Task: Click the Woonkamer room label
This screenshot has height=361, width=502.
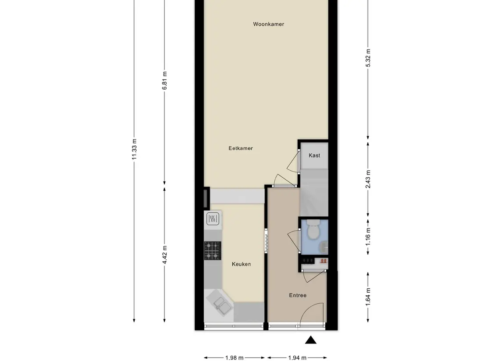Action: [x=268, y=24]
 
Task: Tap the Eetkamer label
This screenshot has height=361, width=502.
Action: [x=241, y=148]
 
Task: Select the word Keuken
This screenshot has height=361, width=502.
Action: [x=242, y=264]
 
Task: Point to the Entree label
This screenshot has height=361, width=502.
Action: [x=298, y=295]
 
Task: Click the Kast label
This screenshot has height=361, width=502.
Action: [x=314, y=155]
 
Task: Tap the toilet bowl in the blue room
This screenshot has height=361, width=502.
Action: [x=313, y=229]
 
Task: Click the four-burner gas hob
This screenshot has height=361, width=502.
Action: [x=213, y=250]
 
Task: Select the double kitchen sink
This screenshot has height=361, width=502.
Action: [x=219, y=303]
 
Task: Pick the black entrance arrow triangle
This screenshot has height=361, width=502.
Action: [x=310, y=340]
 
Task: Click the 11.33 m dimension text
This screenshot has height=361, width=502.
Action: [x=134, y=149]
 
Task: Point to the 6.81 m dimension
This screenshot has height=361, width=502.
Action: [x=164, y=81]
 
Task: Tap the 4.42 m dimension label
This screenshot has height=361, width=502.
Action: [x=164, y=255]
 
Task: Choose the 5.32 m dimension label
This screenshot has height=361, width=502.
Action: [x=368, y=58]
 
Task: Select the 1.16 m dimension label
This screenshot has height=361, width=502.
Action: [x=368, y=237]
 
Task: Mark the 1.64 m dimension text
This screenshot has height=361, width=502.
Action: [x=368, y=297]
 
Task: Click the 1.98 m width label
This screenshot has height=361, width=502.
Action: [x=235, y=358]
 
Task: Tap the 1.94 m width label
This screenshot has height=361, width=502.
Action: [x=297, y=358]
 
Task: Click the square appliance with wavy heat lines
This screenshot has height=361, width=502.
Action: [x=213, y=219]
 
